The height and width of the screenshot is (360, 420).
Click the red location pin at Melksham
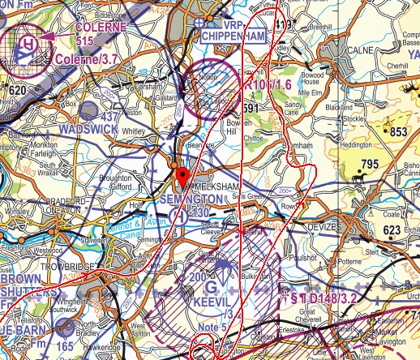tap(182, 177)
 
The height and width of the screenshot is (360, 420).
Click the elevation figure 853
tap(398, 131)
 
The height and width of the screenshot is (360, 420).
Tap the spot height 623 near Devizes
tap(391, 230)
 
